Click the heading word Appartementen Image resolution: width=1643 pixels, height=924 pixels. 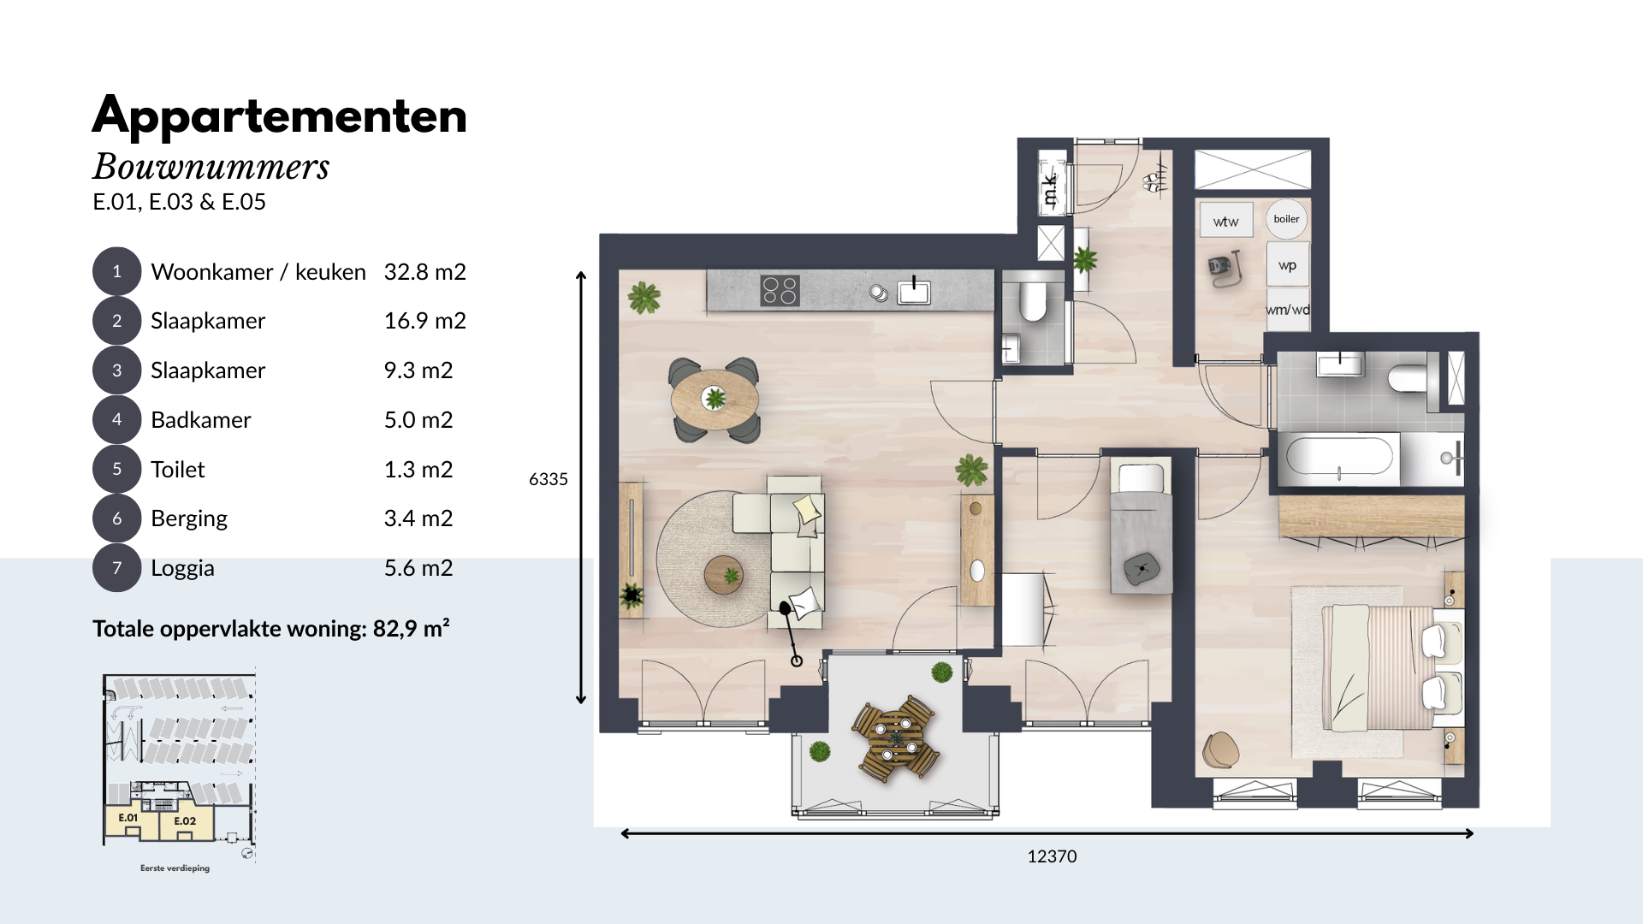(x=280, y=115)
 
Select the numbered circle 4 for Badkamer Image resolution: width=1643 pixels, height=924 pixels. (x=116, y=419)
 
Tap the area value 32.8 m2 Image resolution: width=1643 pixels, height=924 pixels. (x=424, y=272)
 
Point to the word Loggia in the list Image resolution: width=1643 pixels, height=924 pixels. (x=182, y=568)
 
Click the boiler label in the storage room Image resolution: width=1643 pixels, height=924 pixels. (x=1286, y=219)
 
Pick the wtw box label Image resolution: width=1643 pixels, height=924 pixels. (x=1225, y=222)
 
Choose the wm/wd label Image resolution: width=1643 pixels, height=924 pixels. (x=1288, y=310)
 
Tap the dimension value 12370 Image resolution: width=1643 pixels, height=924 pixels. (x=1052, y=856)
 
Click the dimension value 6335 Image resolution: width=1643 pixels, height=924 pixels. (x=549, y=479)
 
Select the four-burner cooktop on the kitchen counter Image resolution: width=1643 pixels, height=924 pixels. (x=780, y=291)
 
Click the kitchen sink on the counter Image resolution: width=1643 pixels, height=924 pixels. (x=914, y=293)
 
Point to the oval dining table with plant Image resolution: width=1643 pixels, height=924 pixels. (x=715, y=399)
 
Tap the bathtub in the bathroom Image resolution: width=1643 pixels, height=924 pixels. (x=1339, y=457)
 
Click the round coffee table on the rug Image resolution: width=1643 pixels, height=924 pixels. (x=724, y=575)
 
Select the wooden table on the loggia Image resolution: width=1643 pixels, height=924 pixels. (x=896, y=737)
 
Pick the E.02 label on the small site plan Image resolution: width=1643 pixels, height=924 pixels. (x=185, y=821)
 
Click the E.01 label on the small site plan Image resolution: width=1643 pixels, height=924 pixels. (x=128, y=818)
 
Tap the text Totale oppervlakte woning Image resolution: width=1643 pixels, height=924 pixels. (x=229, y=629)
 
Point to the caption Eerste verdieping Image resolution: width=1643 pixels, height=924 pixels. (x=175, y=868)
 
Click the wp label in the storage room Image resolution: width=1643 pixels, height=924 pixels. (x=1287, y=265)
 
